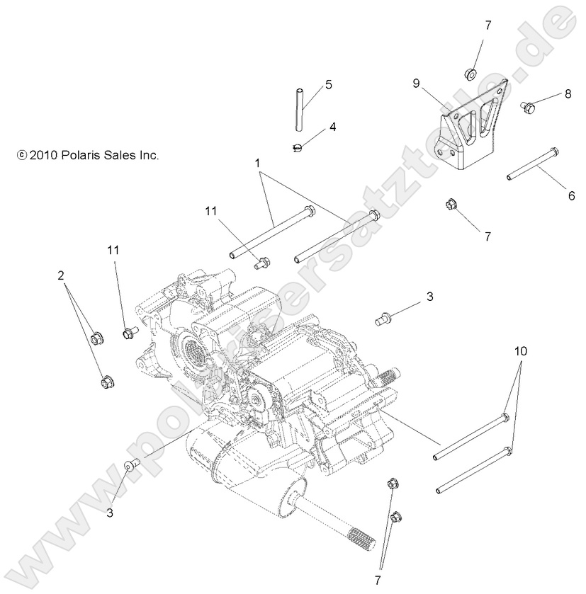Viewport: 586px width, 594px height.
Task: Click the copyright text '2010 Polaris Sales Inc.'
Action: click(x=88, y=154)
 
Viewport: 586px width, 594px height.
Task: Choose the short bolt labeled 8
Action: click(x=526, y=107)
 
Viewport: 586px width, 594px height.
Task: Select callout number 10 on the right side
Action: click(x=521, y=351)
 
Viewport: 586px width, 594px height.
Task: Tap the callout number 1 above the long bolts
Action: click(x=259, y=163)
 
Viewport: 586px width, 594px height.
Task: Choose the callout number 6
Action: click(x=571, y=197)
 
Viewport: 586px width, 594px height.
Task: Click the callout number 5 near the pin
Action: click(x=328, y=84)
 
